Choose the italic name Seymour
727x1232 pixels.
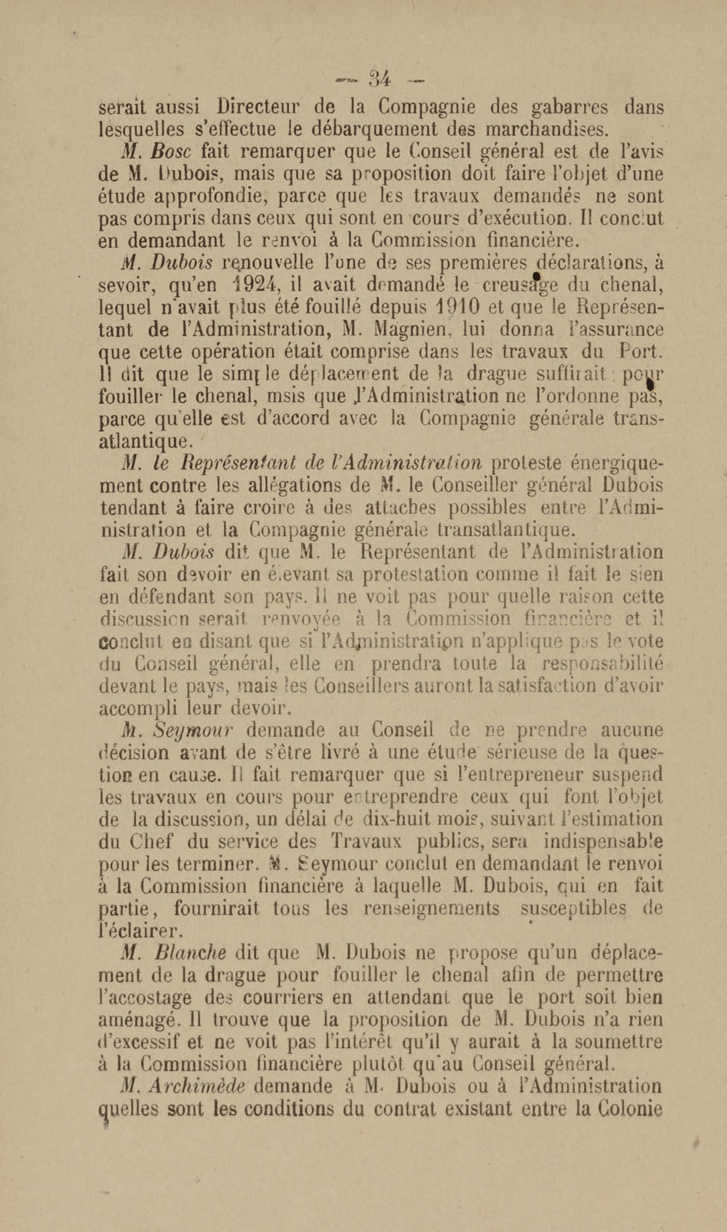point(193,731)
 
